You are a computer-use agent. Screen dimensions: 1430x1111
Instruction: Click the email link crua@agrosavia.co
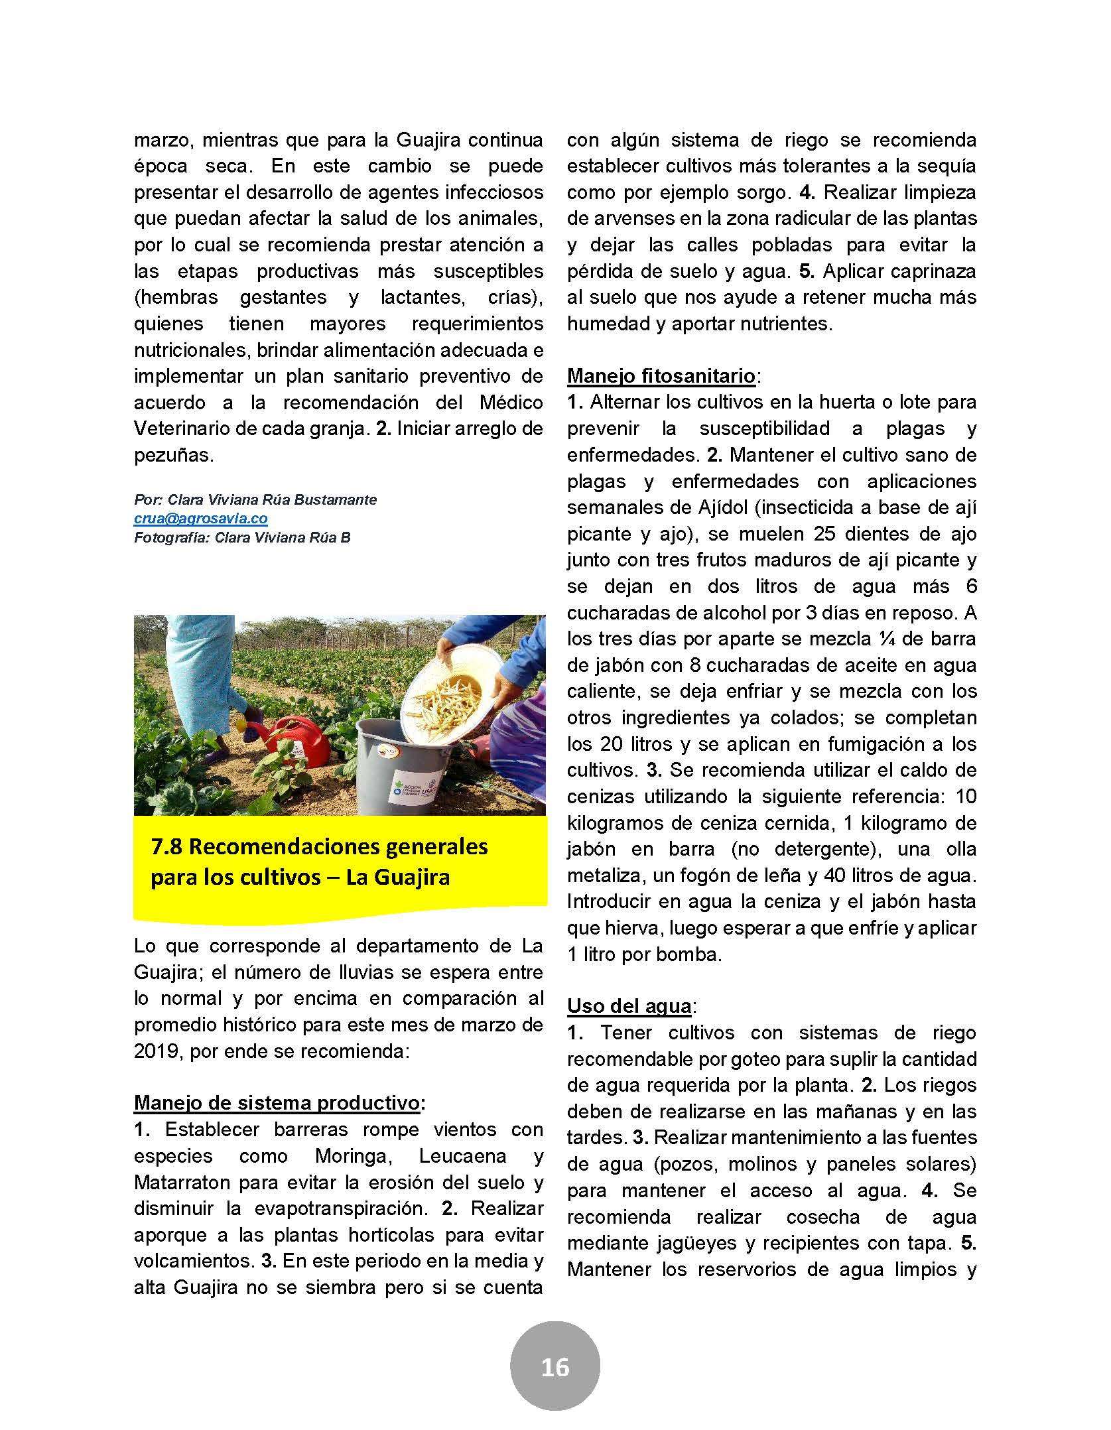pyautogui.click(x=200, y=519)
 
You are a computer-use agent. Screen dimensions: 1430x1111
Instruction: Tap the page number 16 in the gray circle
pyautogui.click(x=555, y=1367)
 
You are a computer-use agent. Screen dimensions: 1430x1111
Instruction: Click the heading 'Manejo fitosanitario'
pyautogui.click(x=661, y=377)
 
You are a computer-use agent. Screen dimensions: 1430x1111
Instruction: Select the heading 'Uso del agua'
pyautogui.click(x=629, y=1006)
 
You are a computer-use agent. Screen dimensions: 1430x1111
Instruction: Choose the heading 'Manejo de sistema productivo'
pyautogui.click(x=277, y=1103)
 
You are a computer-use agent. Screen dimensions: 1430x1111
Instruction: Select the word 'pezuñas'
pyautogui.click(x=172, y=456)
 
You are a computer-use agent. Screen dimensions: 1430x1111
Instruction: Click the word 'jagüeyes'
pyautogui.click(x=700, y=1244)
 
